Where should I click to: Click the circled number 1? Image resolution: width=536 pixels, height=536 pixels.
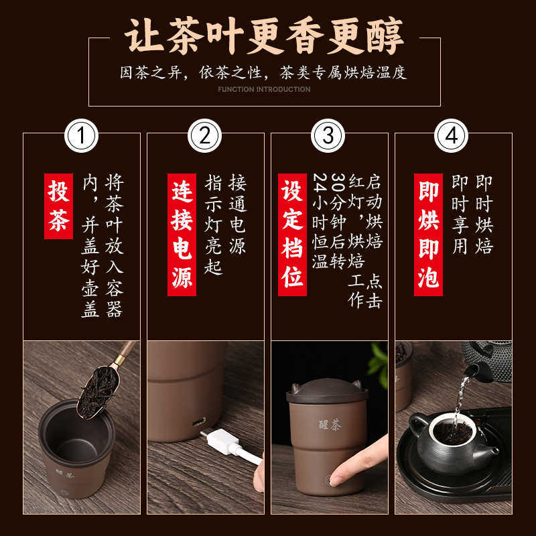pyautogui.click(x=81, y=136)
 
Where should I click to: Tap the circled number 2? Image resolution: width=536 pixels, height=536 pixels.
pyautogui.click(x=204, y=136)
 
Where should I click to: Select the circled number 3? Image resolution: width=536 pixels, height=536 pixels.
pyautogui.click(x=328, y=136)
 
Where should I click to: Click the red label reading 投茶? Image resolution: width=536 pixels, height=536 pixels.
pyautogui.click(x=58, y=206)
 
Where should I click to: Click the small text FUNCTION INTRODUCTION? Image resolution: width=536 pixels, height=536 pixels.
pyautogui.click(x=264, y=89)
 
